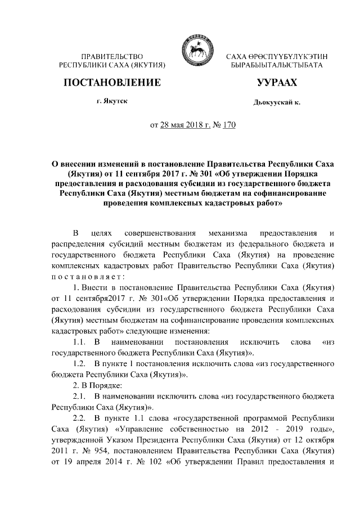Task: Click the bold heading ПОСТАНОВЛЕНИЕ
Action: [112, 83]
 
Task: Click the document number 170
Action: [228, 125]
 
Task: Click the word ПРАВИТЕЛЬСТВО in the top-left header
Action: [112, 57]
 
